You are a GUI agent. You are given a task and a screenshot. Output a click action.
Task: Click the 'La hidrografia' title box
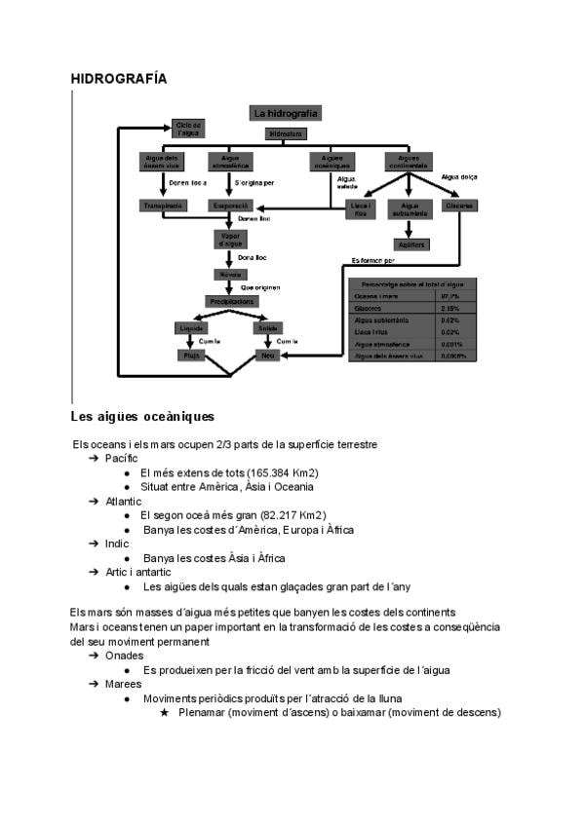pyautogui.click(x=285, y=114)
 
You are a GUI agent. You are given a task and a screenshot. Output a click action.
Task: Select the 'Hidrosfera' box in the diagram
pyautogui.click(x=285, y=132)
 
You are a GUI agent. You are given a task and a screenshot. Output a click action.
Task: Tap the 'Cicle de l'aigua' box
pyautogui.click(x=188, y=128)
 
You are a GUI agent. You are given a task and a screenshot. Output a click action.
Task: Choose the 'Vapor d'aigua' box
pyautogui.click(x=231, y=239)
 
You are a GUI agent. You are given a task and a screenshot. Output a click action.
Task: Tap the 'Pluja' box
pyautogui.click(x=189, y=356)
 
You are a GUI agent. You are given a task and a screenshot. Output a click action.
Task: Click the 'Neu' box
pyautogui.click(x=267, y=356)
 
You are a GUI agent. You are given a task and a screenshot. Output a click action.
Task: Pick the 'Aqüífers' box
pyautogui.click(x=410, y=244)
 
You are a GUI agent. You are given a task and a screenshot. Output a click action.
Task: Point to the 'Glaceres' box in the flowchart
pyautogui.click(x=459, y=206)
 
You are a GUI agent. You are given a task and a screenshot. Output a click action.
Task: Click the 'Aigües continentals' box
pyautogui.click(x=409, y=161)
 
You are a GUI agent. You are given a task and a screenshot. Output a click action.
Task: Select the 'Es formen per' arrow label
pyautogui.click(x=373, y=260)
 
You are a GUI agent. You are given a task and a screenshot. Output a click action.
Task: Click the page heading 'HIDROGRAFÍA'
pyautogui.click(x=119, y=78)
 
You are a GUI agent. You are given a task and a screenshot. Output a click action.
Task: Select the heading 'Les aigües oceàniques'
pyautogui.click(x=142, y=417)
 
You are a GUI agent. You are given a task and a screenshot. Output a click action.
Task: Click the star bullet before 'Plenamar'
pyautogui.click(x=164, y=712)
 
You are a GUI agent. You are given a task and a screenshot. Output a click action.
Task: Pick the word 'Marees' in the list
pyautogui.click(x=123, y=684)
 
